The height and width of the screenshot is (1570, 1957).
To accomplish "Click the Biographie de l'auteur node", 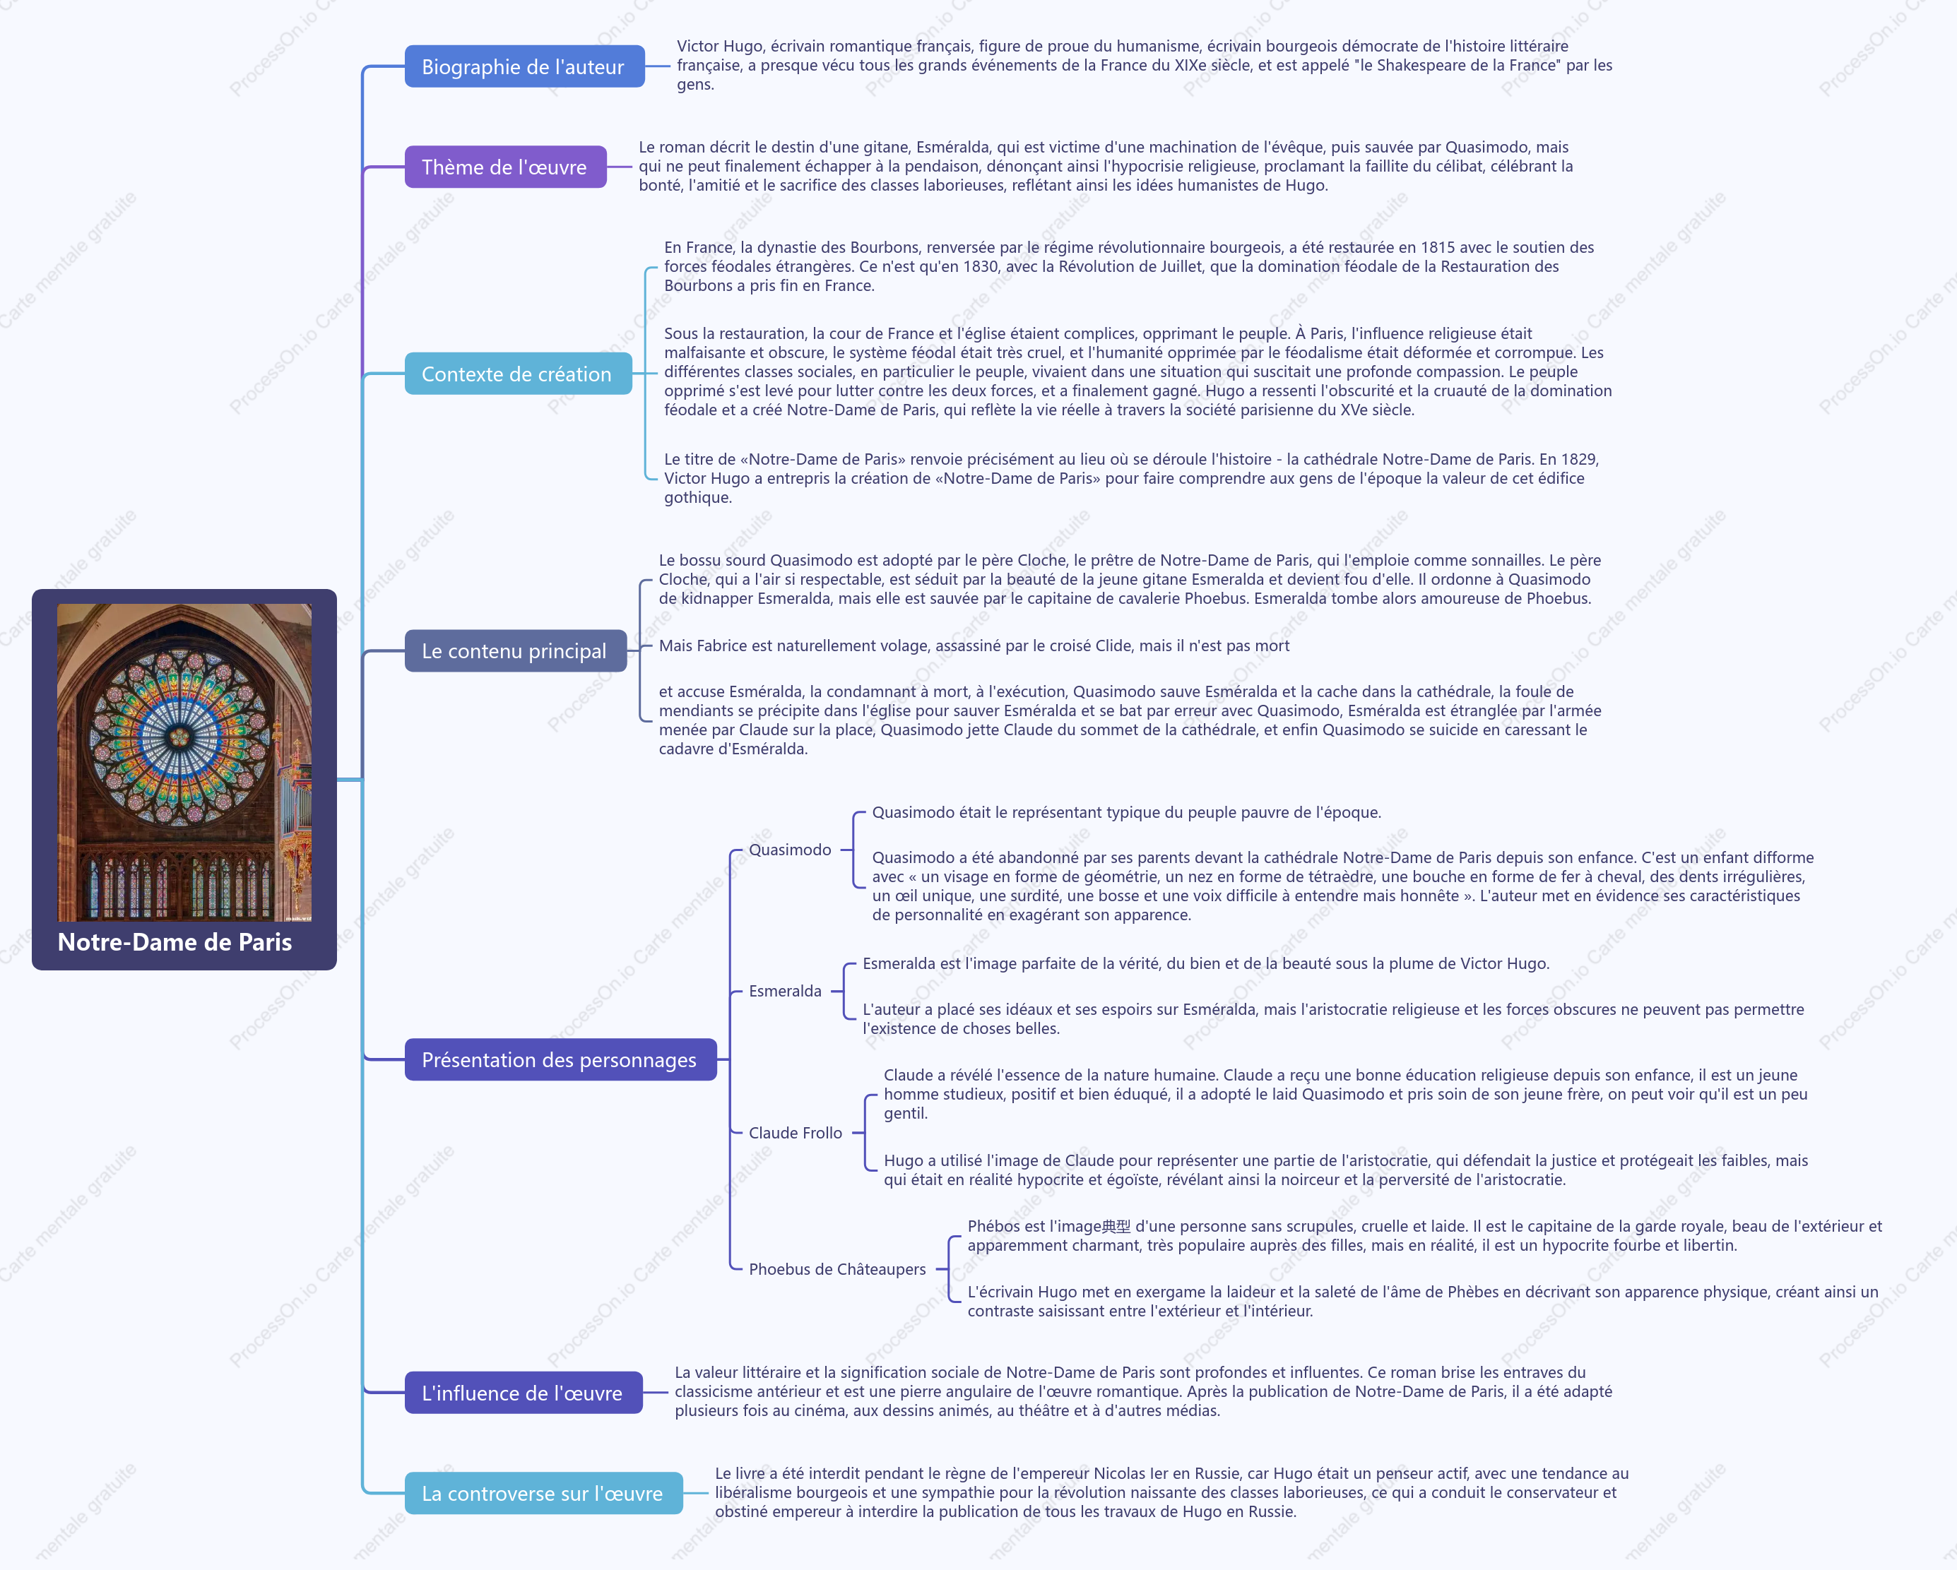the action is point(524,66).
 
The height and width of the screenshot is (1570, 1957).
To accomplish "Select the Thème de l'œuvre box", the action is point(504,167).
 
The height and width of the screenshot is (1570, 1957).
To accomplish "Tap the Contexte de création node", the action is point(517,374).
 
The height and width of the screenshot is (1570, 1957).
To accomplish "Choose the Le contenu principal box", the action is point(514,650).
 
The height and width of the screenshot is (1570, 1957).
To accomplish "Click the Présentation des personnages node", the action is point(560,1060).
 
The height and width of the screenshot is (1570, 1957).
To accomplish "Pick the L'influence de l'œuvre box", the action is point(523,1393).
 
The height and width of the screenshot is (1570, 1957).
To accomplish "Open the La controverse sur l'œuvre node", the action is point(543,1494).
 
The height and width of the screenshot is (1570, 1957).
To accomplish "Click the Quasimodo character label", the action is point(790,850).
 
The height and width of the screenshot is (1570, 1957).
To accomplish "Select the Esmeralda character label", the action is point(785,991).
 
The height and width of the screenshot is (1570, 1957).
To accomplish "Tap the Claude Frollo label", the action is point(795,1133).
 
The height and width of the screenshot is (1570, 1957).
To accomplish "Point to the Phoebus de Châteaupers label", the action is point(837,1268).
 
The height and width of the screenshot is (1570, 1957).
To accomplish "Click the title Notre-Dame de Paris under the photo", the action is point(175,942).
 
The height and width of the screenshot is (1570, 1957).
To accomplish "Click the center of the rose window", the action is point(179,736).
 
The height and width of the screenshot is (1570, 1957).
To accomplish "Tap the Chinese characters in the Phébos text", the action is point(1116,1227).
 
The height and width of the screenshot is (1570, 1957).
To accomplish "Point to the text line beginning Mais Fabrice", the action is point(974,646).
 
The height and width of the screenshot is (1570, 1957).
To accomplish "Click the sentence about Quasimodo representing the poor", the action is point(1126,813).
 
